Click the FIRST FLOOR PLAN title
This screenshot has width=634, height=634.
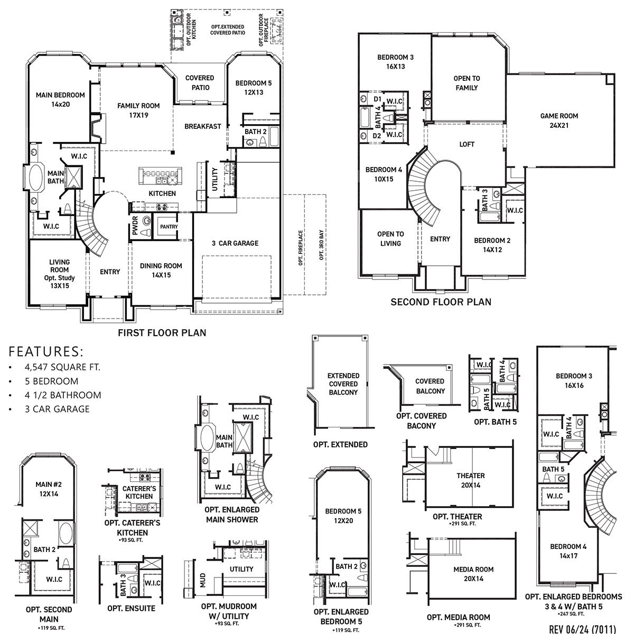pyautogui.click(x=162, y=333)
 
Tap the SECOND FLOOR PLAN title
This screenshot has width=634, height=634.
pyautogui.click(x=441, y=302)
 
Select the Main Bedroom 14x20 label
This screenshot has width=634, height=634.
pyautogui.click(x=60, y=100)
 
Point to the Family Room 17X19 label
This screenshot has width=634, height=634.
pyautogui.click(x=138, y=110)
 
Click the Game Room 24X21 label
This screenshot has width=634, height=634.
pyautogui.click(x=559, y=120)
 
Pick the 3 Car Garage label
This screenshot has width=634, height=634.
pyautogui.click(x=235, y=243)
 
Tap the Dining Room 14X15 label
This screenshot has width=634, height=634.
pyautogui.click(x=161, y=271)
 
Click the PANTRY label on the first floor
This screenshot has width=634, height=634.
pyautogui.click(x=169, y=227)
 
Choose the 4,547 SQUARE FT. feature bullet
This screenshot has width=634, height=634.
pyautogui.click(x=62, y=367)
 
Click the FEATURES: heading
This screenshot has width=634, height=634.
pyautogui.click(x=46, y=351)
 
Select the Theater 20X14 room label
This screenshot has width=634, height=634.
pyautogui.click(x=470, y=480)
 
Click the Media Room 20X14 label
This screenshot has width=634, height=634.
pyautogui.click(x=473, y=574)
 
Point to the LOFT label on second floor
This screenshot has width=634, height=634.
pyautogui.click(x=467, y=144)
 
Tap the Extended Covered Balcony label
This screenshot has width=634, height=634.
pyautogui.click(x=343, y=384)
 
